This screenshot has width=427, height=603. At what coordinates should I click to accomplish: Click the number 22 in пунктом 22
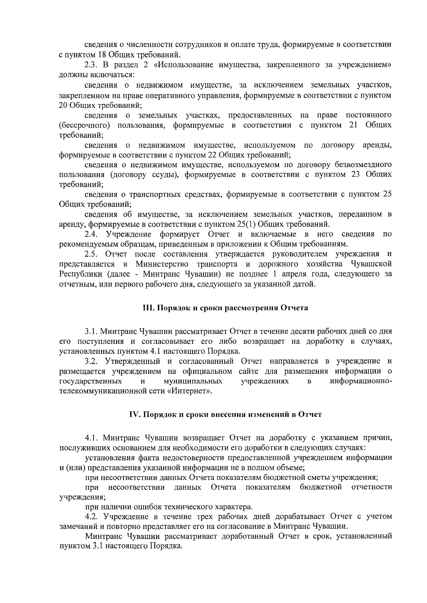pyautogui.click(x=211, y=155)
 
